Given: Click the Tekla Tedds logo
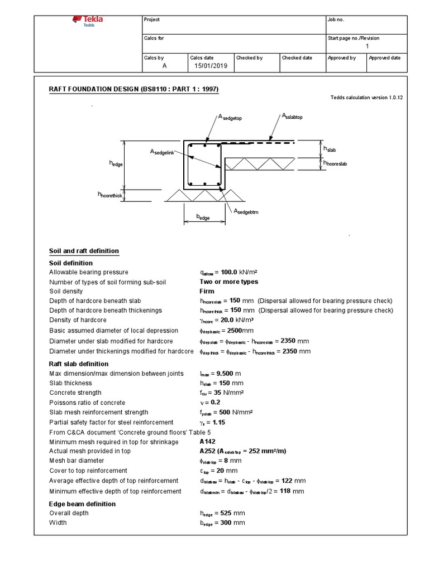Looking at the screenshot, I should [x=88, y=21].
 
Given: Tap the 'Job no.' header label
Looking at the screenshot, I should [x=336, y=20].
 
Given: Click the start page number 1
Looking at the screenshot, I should [x=367, y=46].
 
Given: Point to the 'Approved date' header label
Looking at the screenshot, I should [x=384, y=58].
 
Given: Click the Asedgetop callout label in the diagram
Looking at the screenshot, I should [x=229, y=117].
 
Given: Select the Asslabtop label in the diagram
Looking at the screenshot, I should [x=292, y=116].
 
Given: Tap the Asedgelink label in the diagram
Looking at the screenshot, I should [x=166, y=152].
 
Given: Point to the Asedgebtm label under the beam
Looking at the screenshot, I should [x=246, y=211].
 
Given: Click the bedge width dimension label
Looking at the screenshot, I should [x=203, y=217].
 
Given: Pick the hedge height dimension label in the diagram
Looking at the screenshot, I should [x=116, y=163].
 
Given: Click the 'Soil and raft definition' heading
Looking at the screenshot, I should [x=84, y=251].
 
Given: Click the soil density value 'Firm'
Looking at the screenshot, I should [x=207, y=292].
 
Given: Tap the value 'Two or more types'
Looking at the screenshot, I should [x=229, y=282].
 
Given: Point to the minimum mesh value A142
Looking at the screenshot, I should [x=208, y=442].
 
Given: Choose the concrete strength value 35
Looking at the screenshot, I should [x=218, y=393].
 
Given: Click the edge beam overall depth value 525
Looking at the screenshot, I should [x=225, y=513].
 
